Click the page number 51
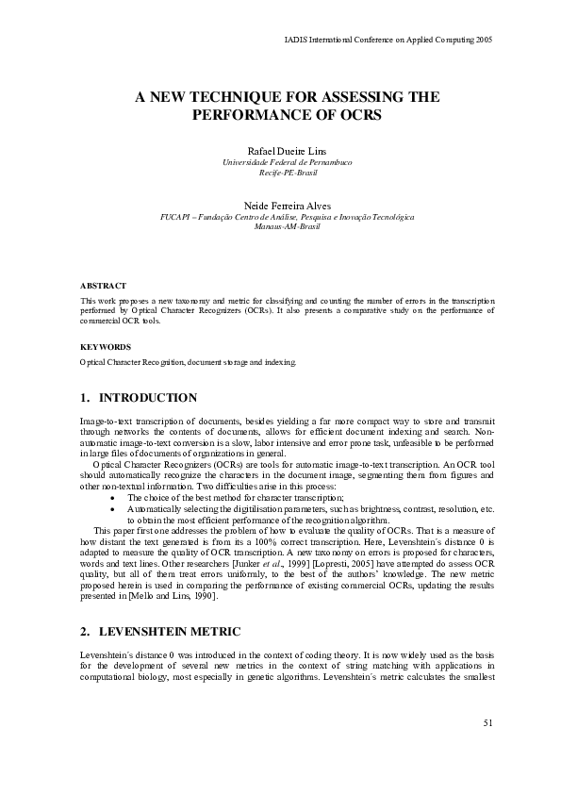(x=487, y=723)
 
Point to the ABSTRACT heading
(x=103, y=285)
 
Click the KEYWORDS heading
(x=105, y=346)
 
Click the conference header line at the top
(x=388, y=41)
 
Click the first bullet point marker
(x=114, y=497)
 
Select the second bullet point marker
(x=114, y=508)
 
